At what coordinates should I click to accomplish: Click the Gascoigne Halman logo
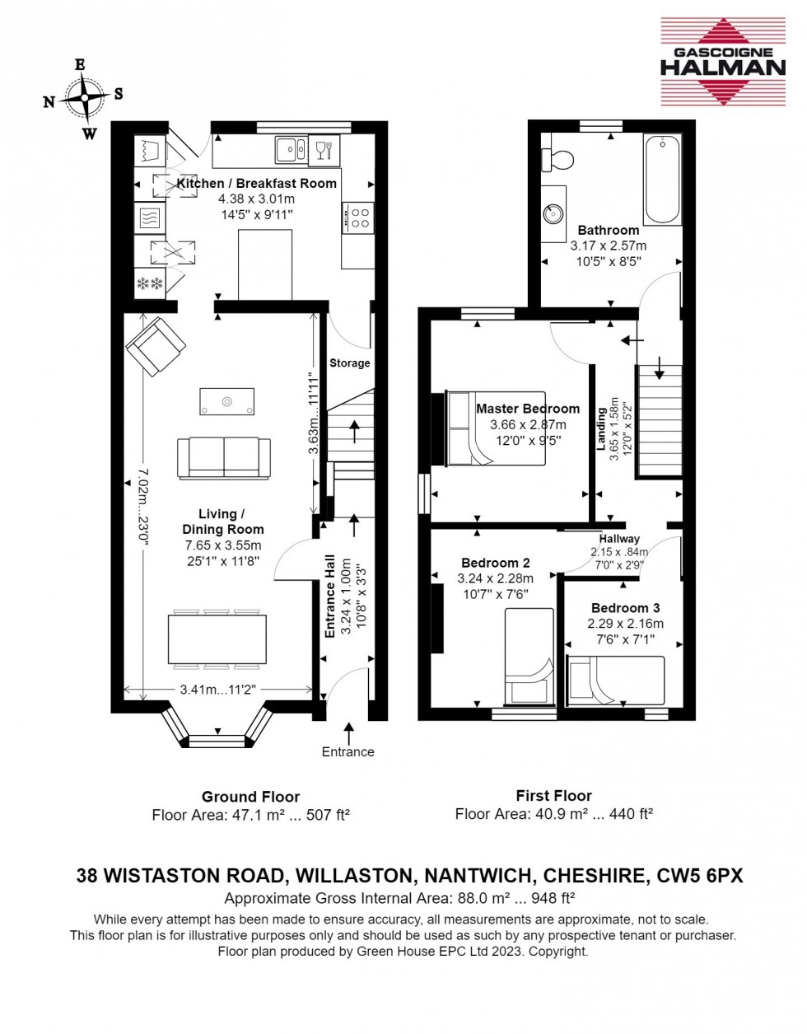tap(722, 62)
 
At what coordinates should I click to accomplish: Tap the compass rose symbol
tap(83, 98)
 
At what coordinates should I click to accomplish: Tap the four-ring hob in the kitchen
tap(358, 218)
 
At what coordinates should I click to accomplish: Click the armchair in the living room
tap(152, 346)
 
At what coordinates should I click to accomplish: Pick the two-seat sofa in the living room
tap(224, 457)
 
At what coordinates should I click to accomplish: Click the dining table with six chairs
tap(217, 639)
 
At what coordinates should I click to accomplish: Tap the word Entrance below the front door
tap(348, 751)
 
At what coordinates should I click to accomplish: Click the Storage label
tap(350, 363)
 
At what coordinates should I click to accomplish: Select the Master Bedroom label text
tap(527, 409)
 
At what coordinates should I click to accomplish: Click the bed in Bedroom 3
tap(615, 680)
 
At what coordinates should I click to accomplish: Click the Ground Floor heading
tap(250, 797)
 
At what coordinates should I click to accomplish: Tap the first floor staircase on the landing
tap(660, 420)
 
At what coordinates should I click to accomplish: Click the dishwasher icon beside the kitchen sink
tap(325, 150)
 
